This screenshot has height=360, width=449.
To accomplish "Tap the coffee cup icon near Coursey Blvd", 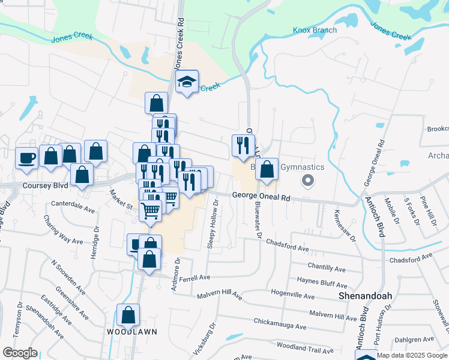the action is click(x=26, y=158).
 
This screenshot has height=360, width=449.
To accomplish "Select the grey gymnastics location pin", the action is click(x=309, y=179).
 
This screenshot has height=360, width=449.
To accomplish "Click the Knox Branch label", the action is click(x=315, y=30).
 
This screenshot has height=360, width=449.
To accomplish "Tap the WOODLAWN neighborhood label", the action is click(x=127, y=332).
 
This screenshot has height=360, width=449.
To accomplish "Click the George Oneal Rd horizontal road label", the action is click(x=261, y=196).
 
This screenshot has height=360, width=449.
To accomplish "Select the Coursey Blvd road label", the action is click(x=45, y=186).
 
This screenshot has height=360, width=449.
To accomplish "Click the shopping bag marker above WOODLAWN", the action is click(x=128, y=315).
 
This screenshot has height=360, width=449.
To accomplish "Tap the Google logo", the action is click(x=20, y=353).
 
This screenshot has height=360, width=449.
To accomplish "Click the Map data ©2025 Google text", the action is click(x=412, y=355).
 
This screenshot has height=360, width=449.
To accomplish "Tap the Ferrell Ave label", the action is click(x=191, y=278).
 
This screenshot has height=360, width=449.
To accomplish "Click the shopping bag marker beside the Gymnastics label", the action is click(x=267, y=169).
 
